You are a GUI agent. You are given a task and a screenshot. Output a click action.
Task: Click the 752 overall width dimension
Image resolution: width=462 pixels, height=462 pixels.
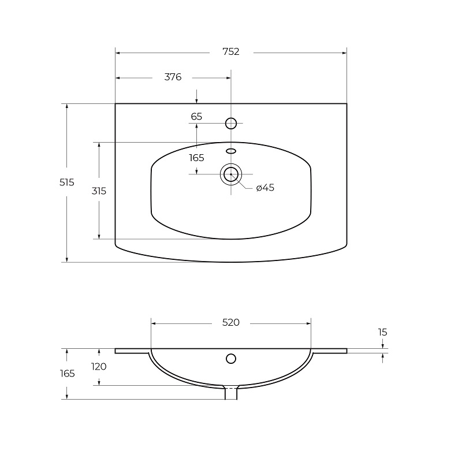231,52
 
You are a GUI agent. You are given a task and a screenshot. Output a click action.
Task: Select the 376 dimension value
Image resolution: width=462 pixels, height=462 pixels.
173,77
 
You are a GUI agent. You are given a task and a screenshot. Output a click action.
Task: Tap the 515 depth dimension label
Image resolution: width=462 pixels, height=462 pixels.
67,182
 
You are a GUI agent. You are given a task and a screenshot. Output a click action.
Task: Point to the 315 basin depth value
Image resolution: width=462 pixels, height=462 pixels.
99,191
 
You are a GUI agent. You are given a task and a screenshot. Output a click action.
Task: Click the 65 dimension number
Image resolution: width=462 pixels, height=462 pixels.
196,117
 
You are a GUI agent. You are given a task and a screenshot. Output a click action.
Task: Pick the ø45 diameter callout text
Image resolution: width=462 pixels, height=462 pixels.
265,188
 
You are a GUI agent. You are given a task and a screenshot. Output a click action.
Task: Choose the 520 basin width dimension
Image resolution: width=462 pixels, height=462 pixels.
231,323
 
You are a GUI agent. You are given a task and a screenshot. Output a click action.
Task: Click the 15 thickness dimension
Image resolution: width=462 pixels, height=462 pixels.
382,333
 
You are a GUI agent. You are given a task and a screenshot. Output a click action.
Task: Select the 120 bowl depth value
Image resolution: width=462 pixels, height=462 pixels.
99,367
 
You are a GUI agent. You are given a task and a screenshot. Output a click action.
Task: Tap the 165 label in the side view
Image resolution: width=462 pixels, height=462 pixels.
67,374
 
